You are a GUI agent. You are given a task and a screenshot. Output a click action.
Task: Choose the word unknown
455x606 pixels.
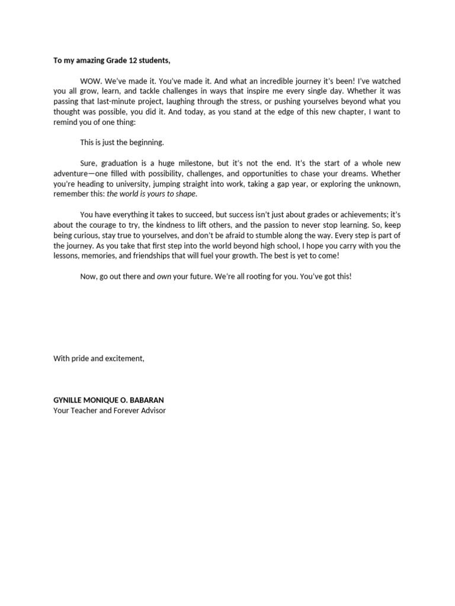(x=384, y=183)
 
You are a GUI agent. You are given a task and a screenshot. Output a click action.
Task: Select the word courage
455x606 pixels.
(x=110, y=225)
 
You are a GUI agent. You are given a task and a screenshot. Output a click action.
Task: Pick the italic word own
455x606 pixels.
(x=164, y=276)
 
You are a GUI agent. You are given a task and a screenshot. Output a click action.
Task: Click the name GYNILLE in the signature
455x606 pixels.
(x=69, y=400)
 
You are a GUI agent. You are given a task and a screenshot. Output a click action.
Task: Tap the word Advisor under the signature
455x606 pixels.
(x=152, y=410)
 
